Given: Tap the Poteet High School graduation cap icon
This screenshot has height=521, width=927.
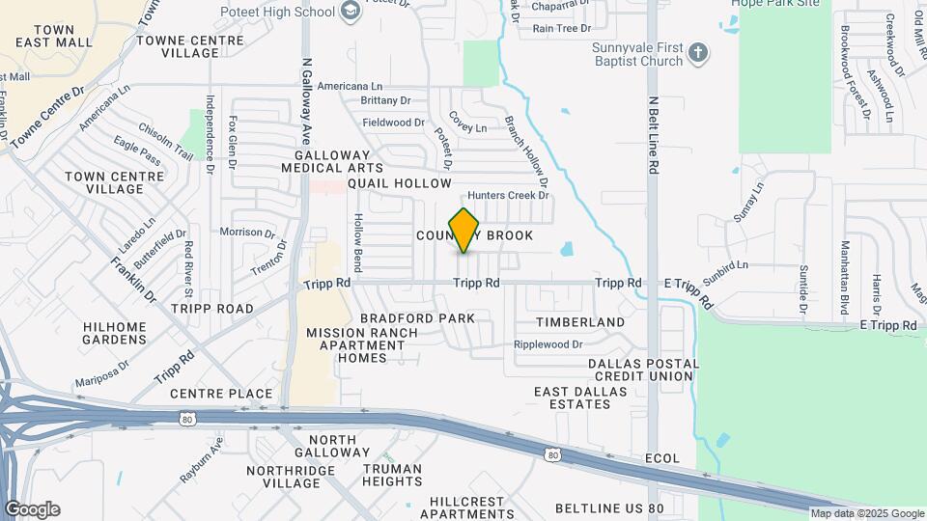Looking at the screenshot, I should [x=351, y=12].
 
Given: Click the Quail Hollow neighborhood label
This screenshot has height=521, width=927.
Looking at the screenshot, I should [x=399, y=183].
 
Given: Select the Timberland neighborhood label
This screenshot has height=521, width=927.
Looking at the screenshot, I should [x=580, y=322].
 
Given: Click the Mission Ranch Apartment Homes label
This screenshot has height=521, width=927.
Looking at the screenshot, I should [x=362, y=345].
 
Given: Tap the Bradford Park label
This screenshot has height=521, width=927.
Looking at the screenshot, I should [x=417, y=317].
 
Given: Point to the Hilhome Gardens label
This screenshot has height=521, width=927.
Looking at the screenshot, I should [x=115, y=333].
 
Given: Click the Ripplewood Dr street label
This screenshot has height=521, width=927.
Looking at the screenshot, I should [x=548, y=343].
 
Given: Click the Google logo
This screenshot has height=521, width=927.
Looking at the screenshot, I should [x=32, y=508].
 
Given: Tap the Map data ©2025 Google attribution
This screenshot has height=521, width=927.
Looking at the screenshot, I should [x=867, y=514].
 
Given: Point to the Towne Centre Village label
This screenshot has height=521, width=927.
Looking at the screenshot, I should [x=190, y=46].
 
